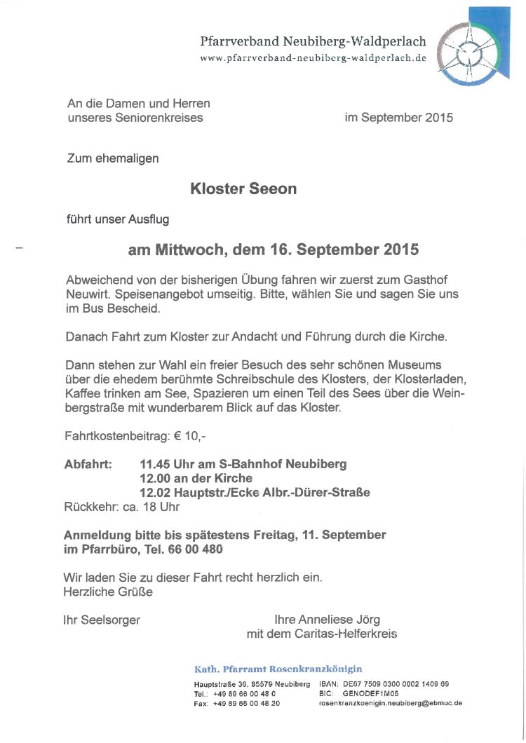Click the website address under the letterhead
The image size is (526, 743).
(x=313, y=58)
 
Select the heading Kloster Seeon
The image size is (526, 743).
(x=243, y=189)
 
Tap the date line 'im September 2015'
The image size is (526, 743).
(x=398, y=118)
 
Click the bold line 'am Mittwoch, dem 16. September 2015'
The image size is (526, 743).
(x=273, y=250)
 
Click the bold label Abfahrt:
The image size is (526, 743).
(x=88, y=464)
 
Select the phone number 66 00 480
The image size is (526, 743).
(x=196, y=549)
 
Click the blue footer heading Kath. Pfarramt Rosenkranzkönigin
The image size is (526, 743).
(x=278, y=669)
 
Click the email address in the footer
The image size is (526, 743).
(x=390, y=703)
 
